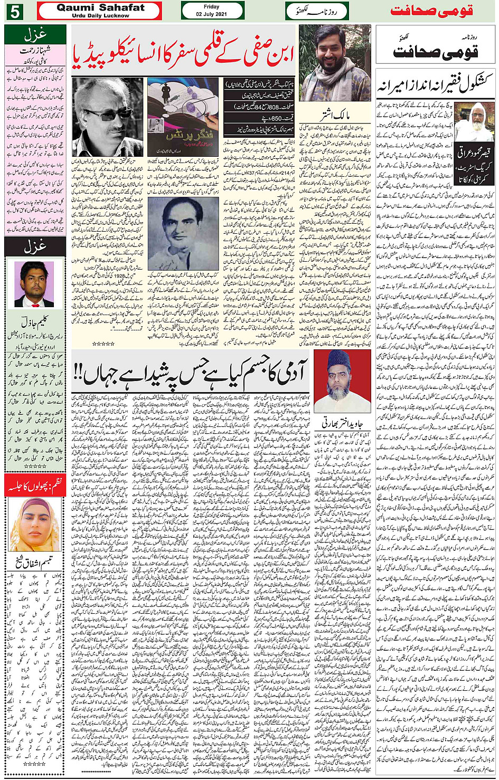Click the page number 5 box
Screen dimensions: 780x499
[14, 11]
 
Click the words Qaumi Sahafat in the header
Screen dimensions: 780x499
[100, 7]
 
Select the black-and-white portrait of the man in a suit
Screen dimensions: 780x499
[183, 233]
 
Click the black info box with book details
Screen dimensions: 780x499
[259, 109]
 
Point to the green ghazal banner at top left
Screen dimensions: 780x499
[35, 35]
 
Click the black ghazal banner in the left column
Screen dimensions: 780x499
[35, 246]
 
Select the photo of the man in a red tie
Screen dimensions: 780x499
[34, 284]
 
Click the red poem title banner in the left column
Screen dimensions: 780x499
[35, 486]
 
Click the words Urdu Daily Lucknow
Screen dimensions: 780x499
[100, 16]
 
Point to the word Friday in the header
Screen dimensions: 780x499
[211, 7]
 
